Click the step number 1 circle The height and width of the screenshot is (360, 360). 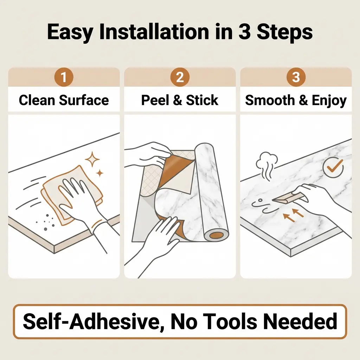click(64, 77)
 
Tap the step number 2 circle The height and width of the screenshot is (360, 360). click(180, 77)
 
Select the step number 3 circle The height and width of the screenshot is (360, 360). click(296, 77)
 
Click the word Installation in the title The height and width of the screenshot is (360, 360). click(154, 32)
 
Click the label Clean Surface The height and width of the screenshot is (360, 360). click(64, 100)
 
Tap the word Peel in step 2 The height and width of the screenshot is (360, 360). click(155, 100)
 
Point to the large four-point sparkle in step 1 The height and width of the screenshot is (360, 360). click(92, 159)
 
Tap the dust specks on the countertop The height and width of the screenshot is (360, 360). click(46, 222)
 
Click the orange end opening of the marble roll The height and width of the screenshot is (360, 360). click(217, 235)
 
